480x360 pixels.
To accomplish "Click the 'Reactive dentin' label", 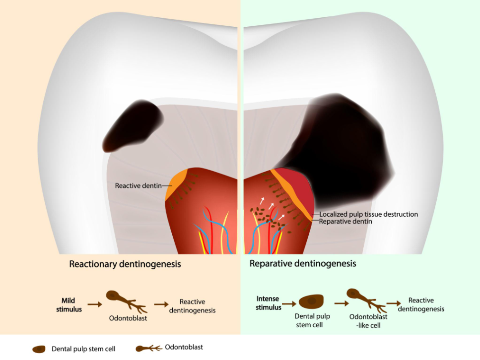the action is click(x=138, y=185).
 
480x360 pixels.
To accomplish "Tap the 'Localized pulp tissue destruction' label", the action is click(x=369, y=214).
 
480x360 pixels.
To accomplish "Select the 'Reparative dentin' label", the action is click(x=345, y=221).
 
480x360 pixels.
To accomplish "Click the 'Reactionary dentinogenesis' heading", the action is click(x=125, y=264).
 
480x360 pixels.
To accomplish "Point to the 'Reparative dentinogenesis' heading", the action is click(x=303, y=263).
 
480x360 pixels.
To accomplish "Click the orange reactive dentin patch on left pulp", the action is click(x=175, y=184).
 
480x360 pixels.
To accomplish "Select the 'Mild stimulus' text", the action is click(x=69, y=305).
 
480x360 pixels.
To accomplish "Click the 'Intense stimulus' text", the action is click(x=269, y=303).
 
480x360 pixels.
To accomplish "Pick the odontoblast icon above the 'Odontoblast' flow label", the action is click(x=127, y=301).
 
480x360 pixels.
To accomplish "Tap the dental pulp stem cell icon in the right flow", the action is click(x=311, y=301).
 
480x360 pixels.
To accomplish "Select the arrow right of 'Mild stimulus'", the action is click(x=95, y=304).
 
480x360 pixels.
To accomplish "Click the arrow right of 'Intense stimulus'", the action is click(x=289, y=304).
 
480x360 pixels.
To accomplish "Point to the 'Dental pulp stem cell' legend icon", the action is click(x=39, y=349).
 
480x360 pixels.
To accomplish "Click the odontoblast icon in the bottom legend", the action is click(x=149, y=349).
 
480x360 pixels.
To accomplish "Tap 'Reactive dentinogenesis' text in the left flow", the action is click(x=192, y=306).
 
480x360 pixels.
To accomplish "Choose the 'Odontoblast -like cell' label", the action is click(x=368, y=321).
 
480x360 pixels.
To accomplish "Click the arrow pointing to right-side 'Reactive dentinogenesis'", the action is click(x=394, y=303).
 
